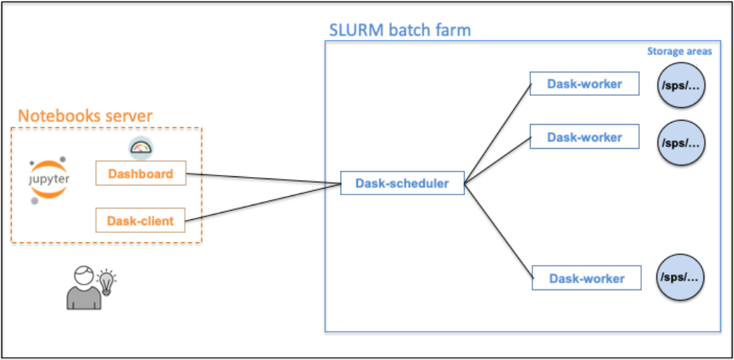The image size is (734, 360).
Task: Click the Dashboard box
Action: pyautogui.click(x=141, y=173)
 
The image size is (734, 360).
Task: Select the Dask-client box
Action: pyautogui.click(x=141, y=220)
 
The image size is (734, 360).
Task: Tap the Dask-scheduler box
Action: pyautogui.click(x=403, y=183)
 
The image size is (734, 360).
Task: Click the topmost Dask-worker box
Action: pyautogui.click(x=584, y=83)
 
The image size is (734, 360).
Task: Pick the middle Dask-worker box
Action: pyautogui.click(x=584, y=136)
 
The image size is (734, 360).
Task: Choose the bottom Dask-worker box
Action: pyautogui.click(x=587, y=278)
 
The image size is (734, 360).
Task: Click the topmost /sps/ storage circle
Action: pyautogui.click(x=681, y=85)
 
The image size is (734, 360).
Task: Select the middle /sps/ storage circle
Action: pyautogui.click(x=681, y=142)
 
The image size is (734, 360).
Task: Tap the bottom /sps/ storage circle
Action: pyautogui.click(x=681, y=277)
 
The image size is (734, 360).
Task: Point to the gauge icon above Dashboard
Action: pyautogui.click(x=141, y=147)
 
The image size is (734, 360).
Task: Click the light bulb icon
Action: pyautogui.click(x=107, y=282)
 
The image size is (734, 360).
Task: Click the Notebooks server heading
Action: pyautogui.click(x=85, y=115)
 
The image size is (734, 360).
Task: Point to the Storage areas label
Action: pyautogui.click(x=680, y=52)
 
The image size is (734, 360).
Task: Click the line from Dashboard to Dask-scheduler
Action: pyautogui.click(x=264, y=179)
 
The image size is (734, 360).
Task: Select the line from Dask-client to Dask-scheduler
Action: pyautogui.click(x=264, y=202)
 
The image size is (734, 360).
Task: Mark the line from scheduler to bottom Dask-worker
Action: pyautogui.click(x=499, y=230)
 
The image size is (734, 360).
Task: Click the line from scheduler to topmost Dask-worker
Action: pyautogui.click(x=497, y=134)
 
